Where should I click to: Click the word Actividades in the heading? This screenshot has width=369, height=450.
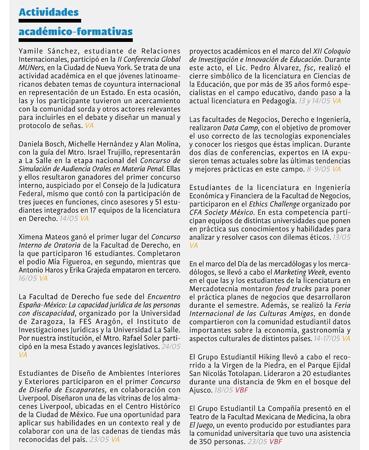point(48,12)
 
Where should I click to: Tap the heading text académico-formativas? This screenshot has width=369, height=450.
point(76,31)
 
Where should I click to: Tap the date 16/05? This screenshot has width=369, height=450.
point(28,279)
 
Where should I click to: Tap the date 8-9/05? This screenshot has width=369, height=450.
point(318,169)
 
